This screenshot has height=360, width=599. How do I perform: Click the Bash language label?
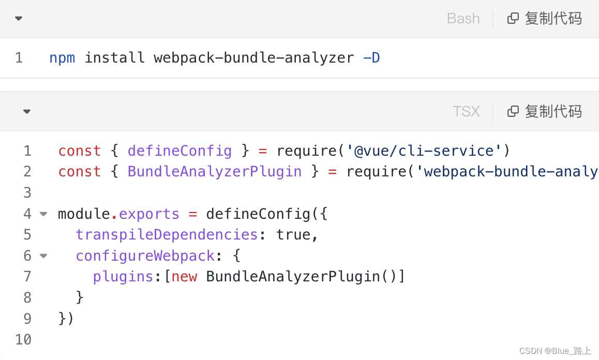tap(463, 19)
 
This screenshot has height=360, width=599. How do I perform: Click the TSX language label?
tap(466, 112)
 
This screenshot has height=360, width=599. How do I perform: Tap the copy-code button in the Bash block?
tap(545, 19)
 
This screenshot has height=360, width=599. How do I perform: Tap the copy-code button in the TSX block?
tap(545, 112)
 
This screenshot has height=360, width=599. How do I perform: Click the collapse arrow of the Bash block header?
tap(19, 19)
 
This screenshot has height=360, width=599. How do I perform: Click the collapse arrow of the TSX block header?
tap(27, 112)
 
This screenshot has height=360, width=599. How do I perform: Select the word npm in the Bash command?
tap(62, 57)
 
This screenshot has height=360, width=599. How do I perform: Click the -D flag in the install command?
tap(371, 57)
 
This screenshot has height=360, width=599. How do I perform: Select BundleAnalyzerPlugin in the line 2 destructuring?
tap(215, 172)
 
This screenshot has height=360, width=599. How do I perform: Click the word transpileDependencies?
tap(167, 235)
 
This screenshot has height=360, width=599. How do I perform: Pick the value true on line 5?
tap(293, 235)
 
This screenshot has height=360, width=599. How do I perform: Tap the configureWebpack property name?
tap(145, 256)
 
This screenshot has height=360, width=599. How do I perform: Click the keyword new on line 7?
tap(184, 277)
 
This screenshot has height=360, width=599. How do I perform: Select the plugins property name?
tap(123, 277)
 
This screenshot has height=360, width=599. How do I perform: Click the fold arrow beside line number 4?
tap(43, 214)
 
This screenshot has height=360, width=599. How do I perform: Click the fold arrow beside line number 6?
tap(43, 256)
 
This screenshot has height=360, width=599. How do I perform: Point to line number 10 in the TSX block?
tap(23, 339)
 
